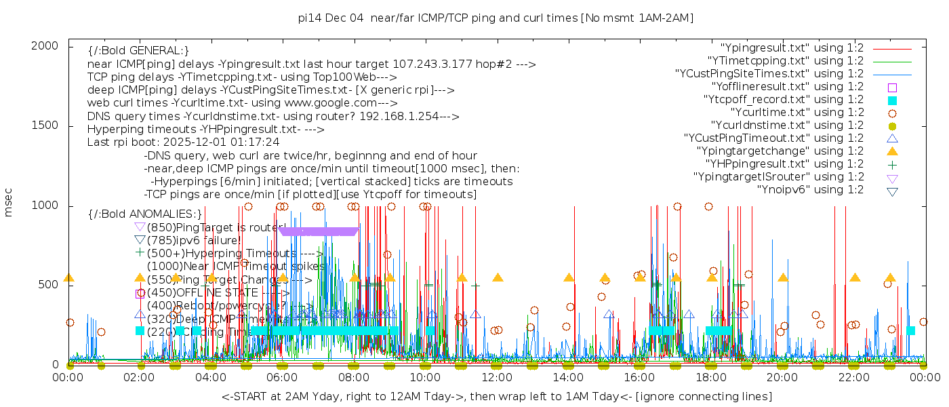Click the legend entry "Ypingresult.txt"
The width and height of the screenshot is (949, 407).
point(792,48)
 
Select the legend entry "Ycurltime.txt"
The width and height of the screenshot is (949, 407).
point(797,113)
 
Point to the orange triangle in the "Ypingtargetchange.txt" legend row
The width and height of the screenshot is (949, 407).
point(892,151)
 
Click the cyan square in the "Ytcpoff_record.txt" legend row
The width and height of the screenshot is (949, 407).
point(892,100)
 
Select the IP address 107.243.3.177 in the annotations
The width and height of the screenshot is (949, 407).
point(435,64)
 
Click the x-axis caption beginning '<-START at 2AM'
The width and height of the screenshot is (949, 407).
point(496,396)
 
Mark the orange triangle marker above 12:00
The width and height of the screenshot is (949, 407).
point(498,277)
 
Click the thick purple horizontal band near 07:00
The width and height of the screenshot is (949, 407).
point(319,231)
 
